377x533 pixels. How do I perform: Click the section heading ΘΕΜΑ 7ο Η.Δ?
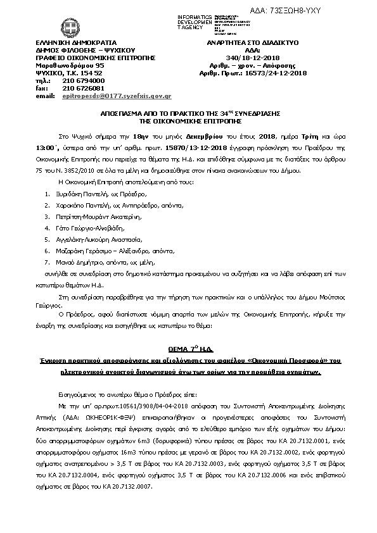click(x=188, y=349)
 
